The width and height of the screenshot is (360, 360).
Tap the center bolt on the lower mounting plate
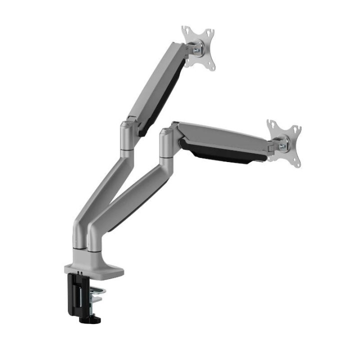coord(283,146)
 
